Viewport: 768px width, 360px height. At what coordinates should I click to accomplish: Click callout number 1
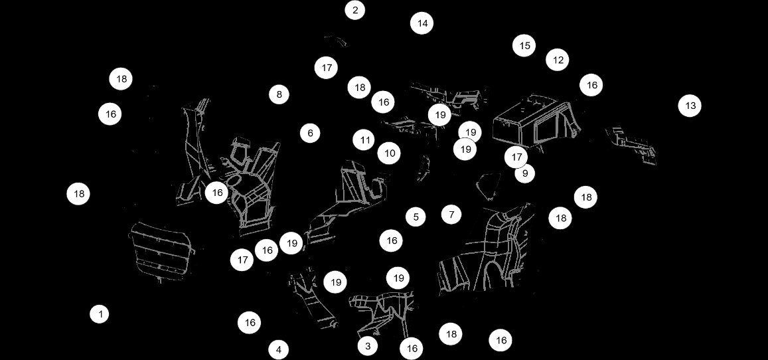[100, 314]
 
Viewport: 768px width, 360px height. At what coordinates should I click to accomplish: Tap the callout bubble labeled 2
[355, 10]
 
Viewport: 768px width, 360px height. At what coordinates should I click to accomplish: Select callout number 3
[367, 345]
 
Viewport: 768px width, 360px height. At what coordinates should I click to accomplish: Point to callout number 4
[279, 349]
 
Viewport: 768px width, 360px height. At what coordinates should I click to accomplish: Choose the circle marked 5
[416, 217]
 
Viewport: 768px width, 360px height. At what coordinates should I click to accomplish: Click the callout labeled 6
[310, 133]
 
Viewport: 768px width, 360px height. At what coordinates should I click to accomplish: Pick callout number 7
[451, 215]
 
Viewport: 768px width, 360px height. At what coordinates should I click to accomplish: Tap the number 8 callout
[279, 94]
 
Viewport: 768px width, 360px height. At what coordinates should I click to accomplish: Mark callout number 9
[524, 173]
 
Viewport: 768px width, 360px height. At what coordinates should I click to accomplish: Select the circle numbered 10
[389, 153]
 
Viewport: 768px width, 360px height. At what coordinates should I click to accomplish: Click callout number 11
[364, 140]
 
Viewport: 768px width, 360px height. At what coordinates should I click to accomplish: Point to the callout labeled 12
[558, 60]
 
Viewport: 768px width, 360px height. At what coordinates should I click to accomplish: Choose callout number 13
[690, 106]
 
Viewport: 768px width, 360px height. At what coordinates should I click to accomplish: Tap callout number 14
[422, 23]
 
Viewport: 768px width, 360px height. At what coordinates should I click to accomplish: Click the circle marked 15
[524, 46]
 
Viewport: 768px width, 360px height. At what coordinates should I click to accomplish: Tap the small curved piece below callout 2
[337, 41]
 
